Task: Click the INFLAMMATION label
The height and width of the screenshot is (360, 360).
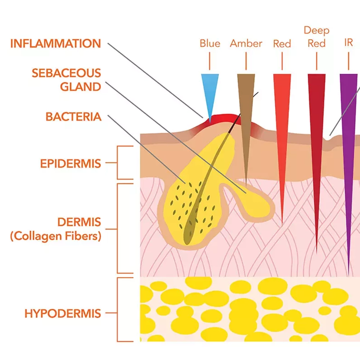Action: [55, 44]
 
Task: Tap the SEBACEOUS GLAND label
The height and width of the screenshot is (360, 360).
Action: [66, 80]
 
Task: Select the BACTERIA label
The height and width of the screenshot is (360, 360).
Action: [73, 117]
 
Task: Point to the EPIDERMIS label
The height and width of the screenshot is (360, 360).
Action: [71, 163]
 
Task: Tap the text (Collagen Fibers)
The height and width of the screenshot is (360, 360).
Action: [56, 237]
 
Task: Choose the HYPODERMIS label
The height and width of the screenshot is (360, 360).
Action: [63, 313]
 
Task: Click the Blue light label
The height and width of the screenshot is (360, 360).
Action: [210, 44]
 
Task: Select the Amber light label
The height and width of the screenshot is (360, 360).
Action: [246, 44]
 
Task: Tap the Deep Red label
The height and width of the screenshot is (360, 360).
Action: [316, 37]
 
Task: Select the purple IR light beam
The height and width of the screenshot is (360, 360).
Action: [348, 144]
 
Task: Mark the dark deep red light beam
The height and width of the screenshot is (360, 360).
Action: [317, 144]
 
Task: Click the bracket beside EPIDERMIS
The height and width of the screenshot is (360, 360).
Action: [119, 163]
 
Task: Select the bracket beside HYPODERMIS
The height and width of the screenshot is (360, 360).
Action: [119, 310]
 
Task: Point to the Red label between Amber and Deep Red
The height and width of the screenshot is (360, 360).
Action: [282, 44]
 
